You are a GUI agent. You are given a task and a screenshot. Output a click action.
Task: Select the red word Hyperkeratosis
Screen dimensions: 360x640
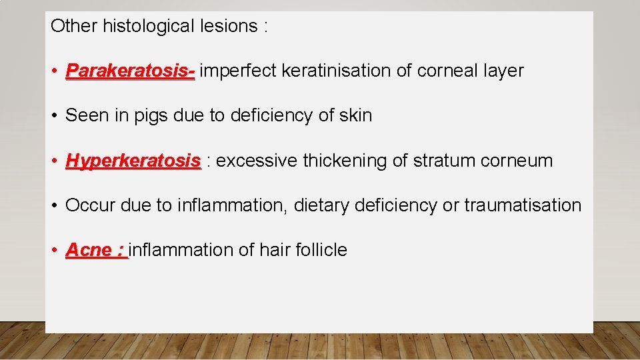(x=133, y=161)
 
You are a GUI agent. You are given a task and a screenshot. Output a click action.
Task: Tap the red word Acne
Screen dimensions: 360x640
(x=89, y=250)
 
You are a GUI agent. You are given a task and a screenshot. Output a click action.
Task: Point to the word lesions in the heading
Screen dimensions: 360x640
(x=227, y=26)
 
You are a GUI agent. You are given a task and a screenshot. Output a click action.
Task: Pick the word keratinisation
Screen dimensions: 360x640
(x=337, y=71)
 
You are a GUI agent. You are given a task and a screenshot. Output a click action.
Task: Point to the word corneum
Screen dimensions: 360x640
(x=518, y=161)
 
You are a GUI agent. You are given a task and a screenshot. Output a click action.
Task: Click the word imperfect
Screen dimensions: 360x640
(x=238, y=71)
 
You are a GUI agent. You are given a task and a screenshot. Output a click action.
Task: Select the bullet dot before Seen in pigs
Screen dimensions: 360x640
(x=54, y=116)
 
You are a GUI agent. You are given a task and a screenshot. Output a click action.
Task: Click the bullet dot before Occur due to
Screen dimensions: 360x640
(x=54, y=206)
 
